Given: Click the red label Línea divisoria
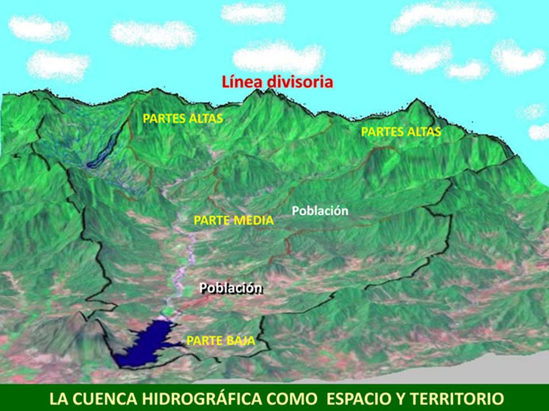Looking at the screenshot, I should [x=277, y=82].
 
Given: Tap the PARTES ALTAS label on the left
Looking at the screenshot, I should [x=182, y=119].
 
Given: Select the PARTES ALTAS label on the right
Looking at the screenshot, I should [x=401, y=132].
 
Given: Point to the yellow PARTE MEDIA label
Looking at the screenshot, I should [x=234, y=220].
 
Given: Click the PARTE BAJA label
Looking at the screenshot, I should [x=220, y=341].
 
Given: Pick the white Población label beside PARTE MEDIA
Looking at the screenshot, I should [x=320, y=211].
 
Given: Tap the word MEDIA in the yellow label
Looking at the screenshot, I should [x=256, y=220].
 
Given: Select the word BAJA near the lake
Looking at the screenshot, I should [x=240, y=341].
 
